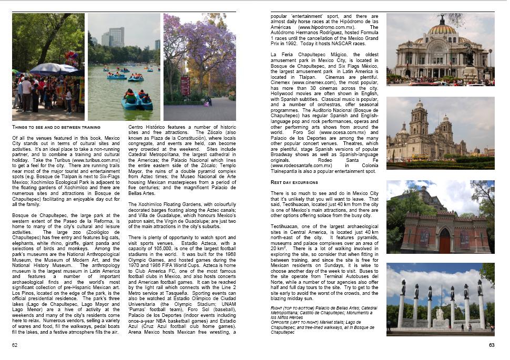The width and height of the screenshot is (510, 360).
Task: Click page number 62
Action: (15, 345)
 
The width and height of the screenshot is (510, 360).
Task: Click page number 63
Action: (492, 345)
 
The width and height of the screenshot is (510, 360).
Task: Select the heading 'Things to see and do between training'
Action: (56, 127)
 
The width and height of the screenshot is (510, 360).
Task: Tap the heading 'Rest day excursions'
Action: (294, 182)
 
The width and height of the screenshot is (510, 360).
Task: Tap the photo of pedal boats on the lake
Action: (124, 67)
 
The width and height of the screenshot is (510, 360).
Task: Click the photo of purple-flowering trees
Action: (199, 67)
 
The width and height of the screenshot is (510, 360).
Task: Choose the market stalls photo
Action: (48, 67)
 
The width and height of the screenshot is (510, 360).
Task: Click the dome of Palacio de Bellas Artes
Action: (442, 31)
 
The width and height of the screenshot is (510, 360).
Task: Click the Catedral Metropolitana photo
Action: (440, 133)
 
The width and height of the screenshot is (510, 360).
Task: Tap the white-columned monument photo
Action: (440, 299)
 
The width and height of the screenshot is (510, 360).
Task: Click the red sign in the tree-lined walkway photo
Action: (185, 85)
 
